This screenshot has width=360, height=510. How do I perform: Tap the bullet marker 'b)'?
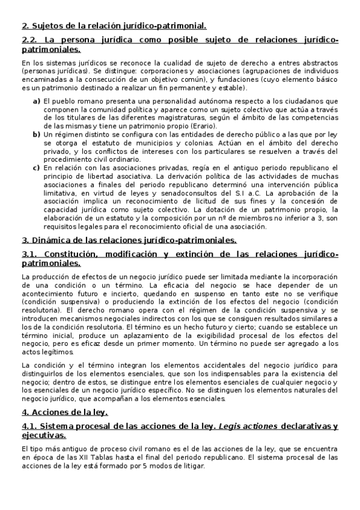(37, 135)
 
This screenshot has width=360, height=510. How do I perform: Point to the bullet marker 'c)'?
(37, 168)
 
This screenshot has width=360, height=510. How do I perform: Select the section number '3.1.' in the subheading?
(31, 254)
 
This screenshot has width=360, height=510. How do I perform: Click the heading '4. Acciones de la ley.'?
(64, 412)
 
